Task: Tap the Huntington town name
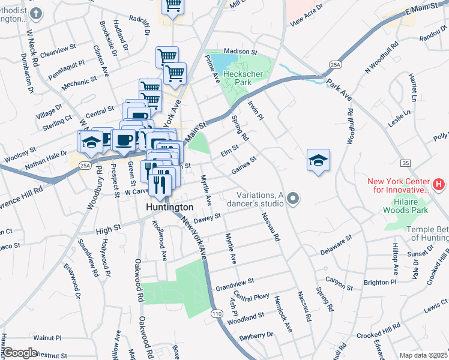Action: (x=170, y=207)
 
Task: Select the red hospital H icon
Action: (x=439, y=185)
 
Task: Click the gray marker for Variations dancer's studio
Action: (x=293, y=198)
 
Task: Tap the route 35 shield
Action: (x=406, y=163)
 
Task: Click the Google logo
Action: (x=20, y=353)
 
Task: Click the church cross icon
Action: (x=37, y=13)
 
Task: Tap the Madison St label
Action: (x=240, y=52)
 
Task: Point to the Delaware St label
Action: (x=335, y=245)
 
